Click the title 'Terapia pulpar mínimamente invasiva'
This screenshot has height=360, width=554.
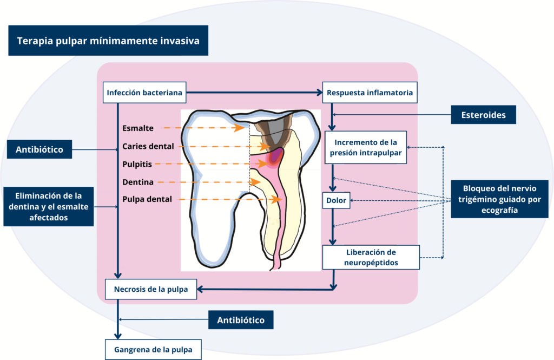tap(108, 41)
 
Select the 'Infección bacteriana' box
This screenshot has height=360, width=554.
tap(145, 93)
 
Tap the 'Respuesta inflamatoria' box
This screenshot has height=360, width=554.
tap(370, 93)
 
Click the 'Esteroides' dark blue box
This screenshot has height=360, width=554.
tap(483, 115)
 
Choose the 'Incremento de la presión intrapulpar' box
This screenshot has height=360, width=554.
tap(365, 147)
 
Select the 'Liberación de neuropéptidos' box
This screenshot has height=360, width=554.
tap(371, 257)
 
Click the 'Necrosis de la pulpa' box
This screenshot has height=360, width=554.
tap(151, 289)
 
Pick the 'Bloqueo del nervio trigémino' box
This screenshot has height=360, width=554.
tap(499, 199)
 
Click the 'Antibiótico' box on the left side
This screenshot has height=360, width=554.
tap(39, 149)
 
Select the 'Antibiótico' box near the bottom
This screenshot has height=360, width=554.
tap(241, 320)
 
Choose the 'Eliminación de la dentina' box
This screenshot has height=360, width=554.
tap(48, 206)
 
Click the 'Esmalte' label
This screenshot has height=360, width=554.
tap(138, 128)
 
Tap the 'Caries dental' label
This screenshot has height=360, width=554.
tap(148, 146)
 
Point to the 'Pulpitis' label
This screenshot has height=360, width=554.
tap(137, 163)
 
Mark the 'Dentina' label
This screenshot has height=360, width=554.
tap(138, 182)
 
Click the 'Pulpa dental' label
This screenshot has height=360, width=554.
tap(147, 199)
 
